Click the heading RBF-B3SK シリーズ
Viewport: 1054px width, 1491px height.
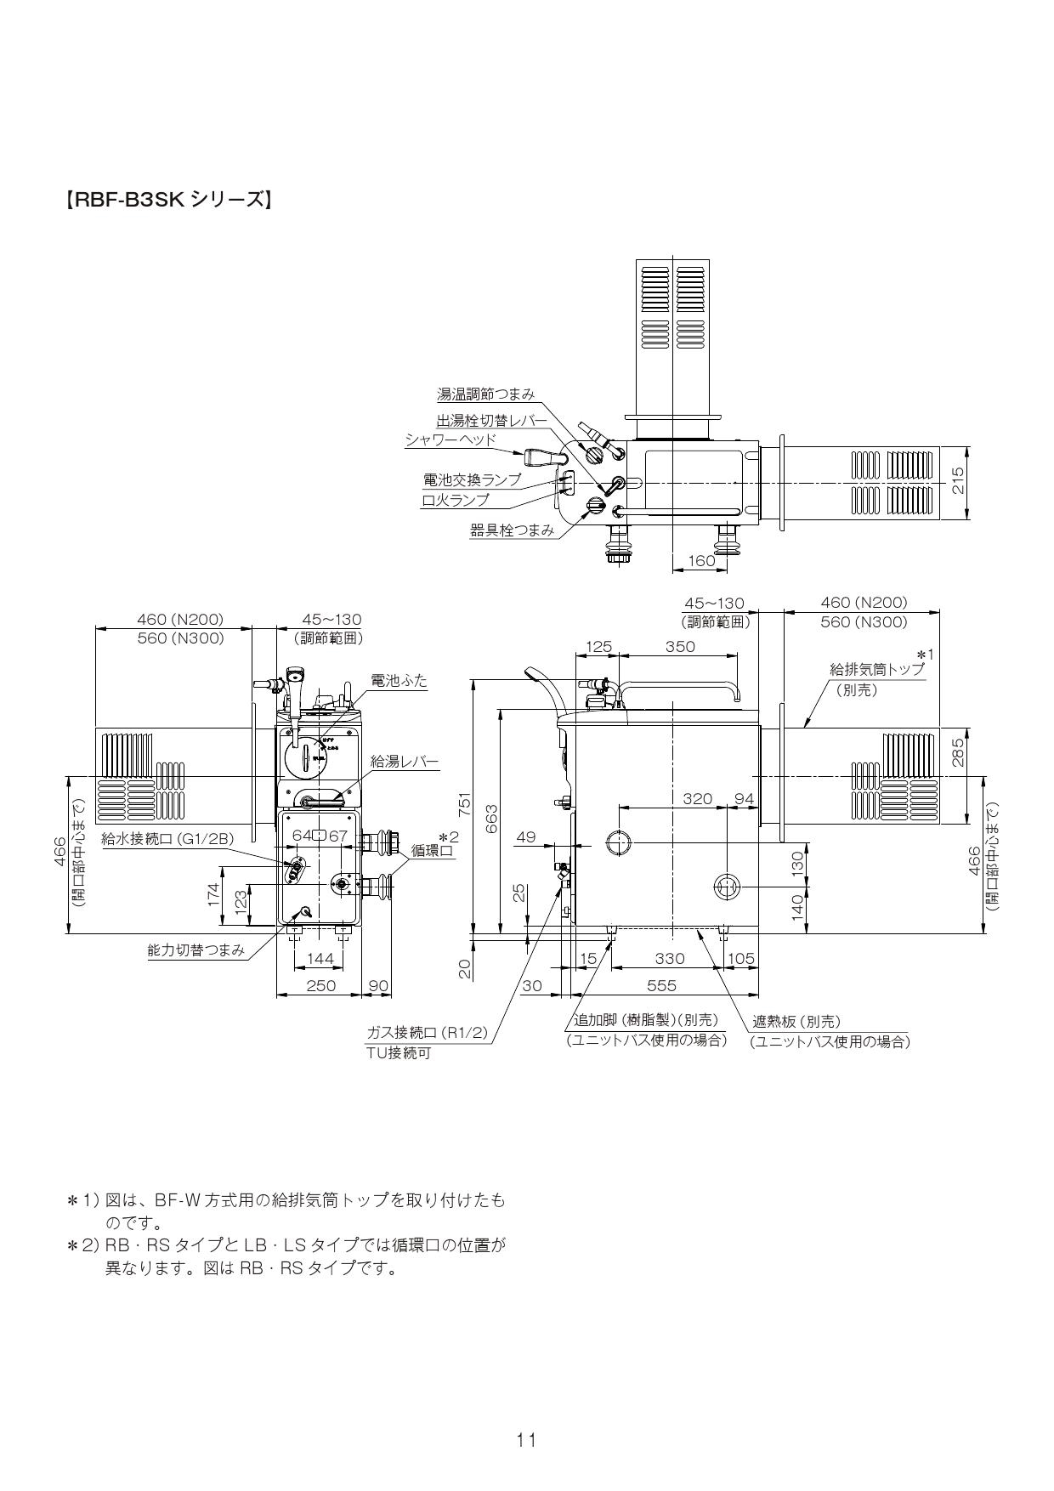(167, 201)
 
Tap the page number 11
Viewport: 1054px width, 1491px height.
(526, 1439)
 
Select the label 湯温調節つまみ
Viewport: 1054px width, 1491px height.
(485, 394)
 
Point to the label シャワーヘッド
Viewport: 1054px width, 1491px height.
(450, 439)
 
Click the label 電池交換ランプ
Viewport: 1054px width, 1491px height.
(472, 480)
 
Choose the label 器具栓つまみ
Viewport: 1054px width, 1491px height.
(512, 530)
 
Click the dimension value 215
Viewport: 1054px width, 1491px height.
(958, 483)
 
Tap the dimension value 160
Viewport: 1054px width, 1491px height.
(701, 560)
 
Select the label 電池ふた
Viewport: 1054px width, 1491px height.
(399, 681)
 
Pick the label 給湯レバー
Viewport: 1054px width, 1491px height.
(405, 763)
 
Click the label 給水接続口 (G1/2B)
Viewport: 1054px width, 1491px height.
(167, 839)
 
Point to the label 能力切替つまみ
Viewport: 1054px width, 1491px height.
(196, 950)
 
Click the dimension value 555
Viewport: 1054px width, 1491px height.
(661, 985)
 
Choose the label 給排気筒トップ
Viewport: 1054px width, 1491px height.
(876, 670)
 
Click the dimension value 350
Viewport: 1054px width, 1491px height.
(680, 647)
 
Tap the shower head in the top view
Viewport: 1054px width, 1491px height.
(538, 457)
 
